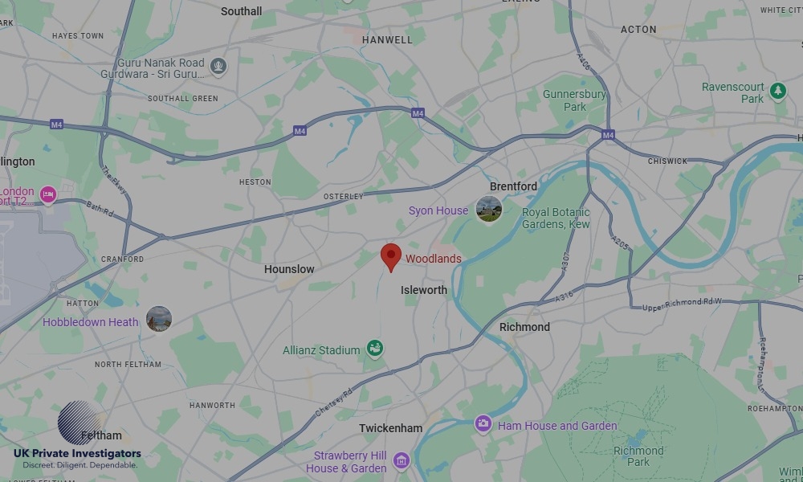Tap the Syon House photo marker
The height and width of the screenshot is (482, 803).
point(488,210)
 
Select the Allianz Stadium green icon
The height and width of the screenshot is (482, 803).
point(374,349)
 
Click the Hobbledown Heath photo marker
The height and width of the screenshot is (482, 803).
point(159,319)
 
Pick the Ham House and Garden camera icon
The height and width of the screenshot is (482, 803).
point(483,423)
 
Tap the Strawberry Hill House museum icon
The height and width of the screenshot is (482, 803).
point(401,461)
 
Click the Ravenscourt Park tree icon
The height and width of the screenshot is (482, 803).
point(777,91)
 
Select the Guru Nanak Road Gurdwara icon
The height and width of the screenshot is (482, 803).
point(218,66)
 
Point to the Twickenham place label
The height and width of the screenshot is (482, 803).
point(390,428)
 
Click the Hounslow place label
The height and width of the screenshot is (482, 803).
point(289,269)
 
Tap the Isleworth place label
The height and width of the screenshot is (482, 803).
point(424,290)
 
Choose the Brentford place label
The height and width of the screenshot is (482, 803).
point(513,186)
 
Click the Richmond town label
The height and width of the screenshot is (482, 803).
point(524,327)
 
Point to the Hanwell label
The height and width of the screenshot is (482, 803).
point(387,39)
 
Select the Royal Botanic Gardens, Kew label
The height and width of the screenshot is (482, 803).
point(556,219)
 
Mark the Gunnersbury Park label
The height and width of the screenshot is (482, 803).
point(574,100)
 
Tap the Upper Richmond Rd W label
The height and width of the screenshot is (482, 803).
point(682,304)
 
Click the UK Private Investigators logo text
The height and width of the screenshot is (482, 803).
point(77,454)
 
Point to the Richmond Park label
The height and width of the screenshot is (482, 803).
point(638,456)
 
